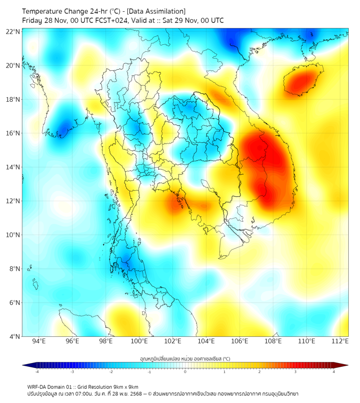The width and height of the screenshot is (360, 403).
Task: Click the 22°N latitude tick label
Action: pos(13,31)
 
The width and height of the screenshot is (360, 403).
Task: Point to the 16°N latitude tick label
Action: pos(13,133)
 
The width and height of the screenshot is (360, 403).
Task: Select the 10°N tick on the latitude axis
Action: pos(13,235)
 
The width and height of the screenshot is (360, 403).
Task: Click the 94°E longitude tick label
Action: pos(39,341)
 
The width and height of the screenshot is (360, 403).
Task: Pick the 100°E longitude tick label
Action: pos(140,341)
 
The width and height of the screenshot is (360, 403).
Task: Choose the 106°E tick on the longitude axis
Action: pos(240,341)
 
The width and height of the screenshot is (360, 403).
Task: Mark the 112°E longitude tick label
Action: pos(340,341)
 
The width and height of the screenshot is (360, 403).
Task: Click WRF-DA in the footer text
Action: pos(37,387)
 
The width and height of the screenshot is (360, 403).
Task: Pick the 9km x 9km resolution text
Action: pos(125,387)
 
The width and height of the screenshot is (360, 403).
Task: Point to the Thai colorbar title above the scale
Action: pos(185,358)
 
